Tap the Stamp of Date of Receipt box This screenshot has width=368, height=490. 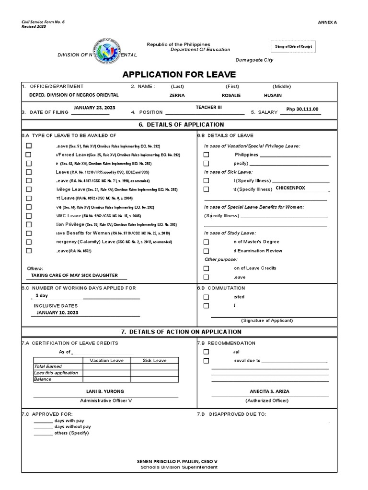coord(293,46)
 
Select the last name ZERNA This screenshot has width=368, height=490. coord(177,95)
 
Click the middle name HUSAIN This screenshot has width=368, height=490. coord(273,95)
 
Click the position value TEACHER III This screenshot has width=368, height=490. coord(209,107)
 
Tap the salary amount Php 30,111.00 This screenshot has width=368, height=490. coord(302,109)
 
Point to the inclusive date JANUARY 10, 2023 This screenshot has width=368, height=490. coord(57,312)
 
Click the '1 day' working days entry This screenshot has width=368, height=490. coord(42,296)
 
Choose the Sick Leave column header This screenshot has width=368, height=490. coord(154,360)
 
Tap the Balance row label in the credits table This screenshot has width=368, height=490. coord(43,379)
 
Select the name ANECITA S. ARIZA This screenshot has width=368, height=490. coord(269,391)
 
